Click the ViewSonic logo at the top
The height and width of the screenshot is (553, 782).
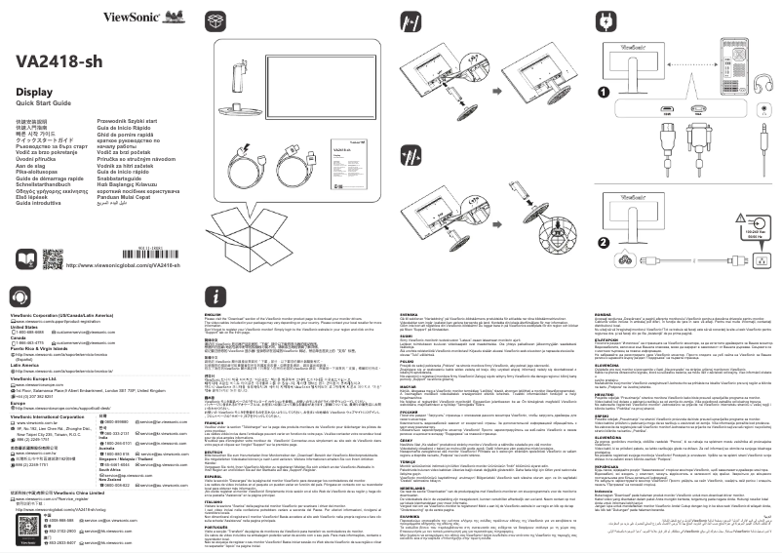(x=141, y=18)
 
